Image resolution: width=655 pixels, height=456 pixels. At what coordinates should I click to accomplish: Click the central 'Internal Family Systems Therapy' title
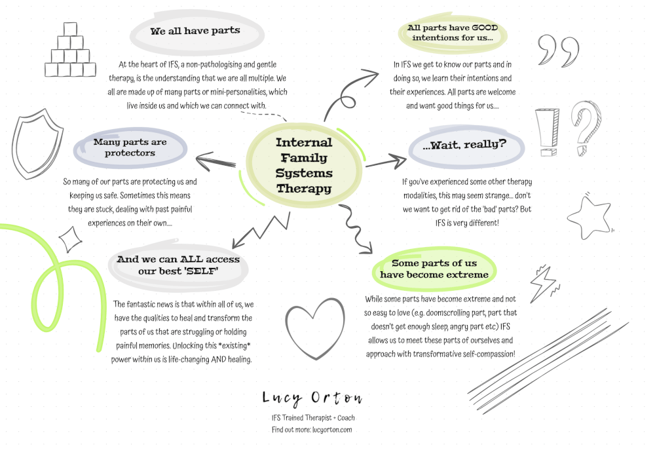pos(304,165)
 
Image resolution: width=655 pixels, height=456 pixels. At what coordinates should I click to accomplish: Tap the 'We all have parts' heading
pos(195,31)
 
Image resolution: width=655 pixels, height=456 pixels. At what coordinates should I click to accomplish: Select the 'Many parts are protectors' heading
pos(130,147)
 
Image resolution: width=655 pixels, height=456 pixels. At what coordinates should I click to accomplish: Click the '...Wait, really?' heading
pos(464,145)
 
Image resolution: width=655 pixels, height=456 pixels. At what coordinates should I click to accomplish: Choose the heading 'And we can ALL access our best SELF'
pos(178,265)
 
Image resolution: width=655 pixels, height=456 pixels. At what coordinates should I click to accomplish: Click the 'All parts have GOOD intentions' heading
pos(452,33)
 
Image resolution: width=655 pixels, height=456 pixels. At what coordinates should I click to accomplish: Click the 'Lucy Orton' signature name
pos(312,398)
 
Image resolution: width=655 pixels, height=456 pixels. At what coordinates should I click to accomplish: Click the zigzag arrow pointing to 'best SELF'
pos(259,227)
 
